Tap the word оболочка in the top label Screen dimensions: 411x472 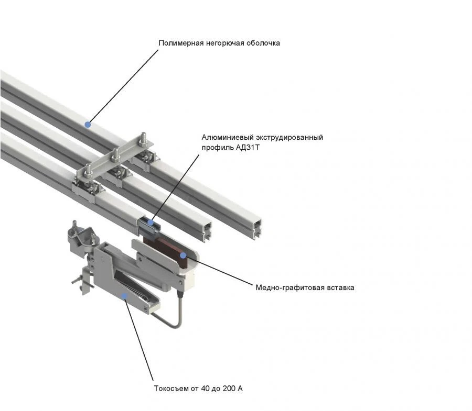coord(263,43)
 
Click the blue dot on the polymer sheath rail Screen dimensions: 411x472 coord(88,124)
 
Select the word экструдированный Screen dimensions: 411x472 coord(287,137)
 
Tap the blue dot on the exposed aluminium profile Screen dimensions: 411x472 coord(151,223)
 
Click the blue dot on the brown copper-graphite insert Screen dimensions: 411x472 coord(183,255)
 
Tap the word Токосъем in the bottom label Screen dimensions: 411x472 coord(170,389)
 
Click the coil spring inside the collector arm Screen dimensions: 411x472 coord(131,291)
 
